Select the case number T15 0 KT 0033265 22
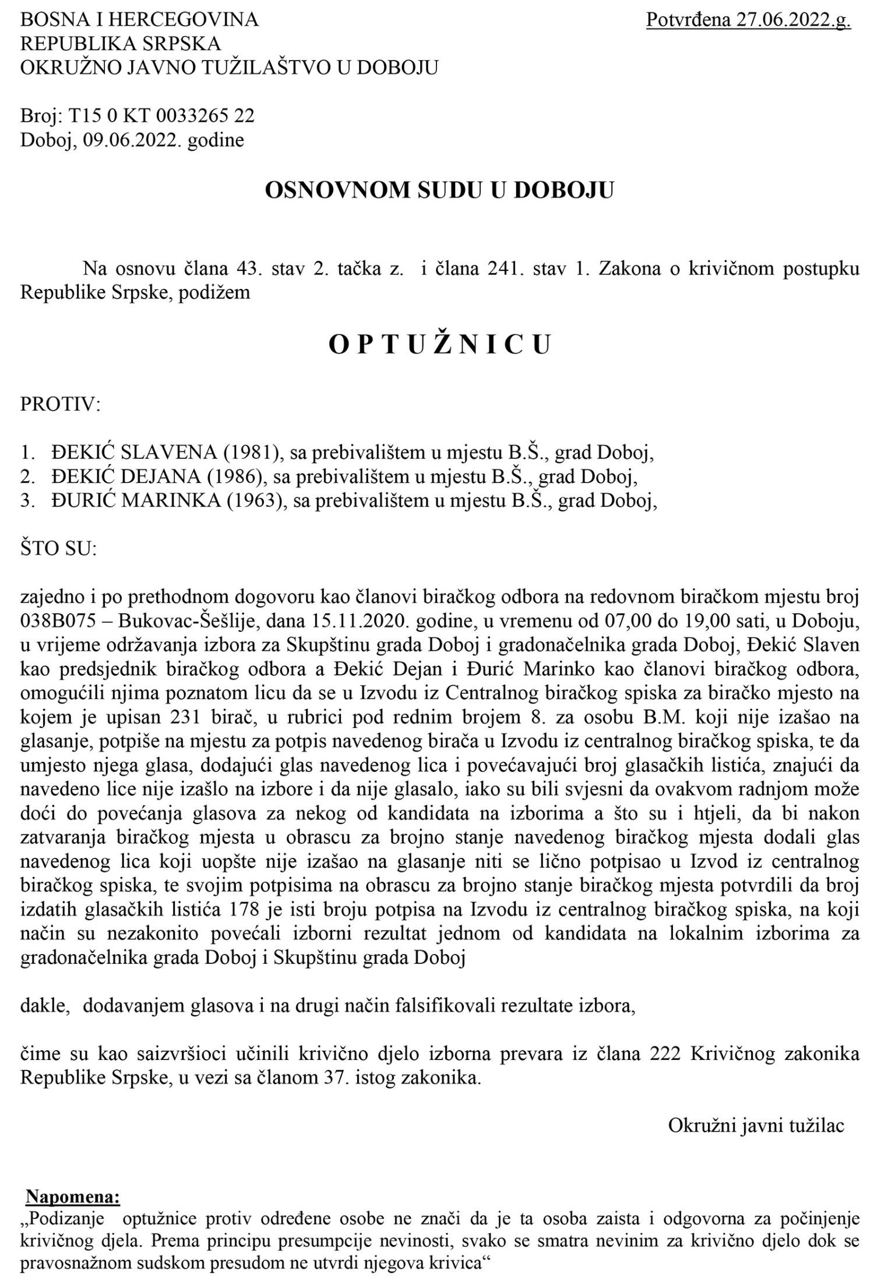[162, 115]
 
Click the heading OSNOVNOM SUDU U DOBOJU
[439, 190]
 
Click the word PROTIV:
[61, 404]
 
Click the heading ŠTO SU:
[58, 549]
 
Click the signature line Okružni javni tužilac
[756, 1125]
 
